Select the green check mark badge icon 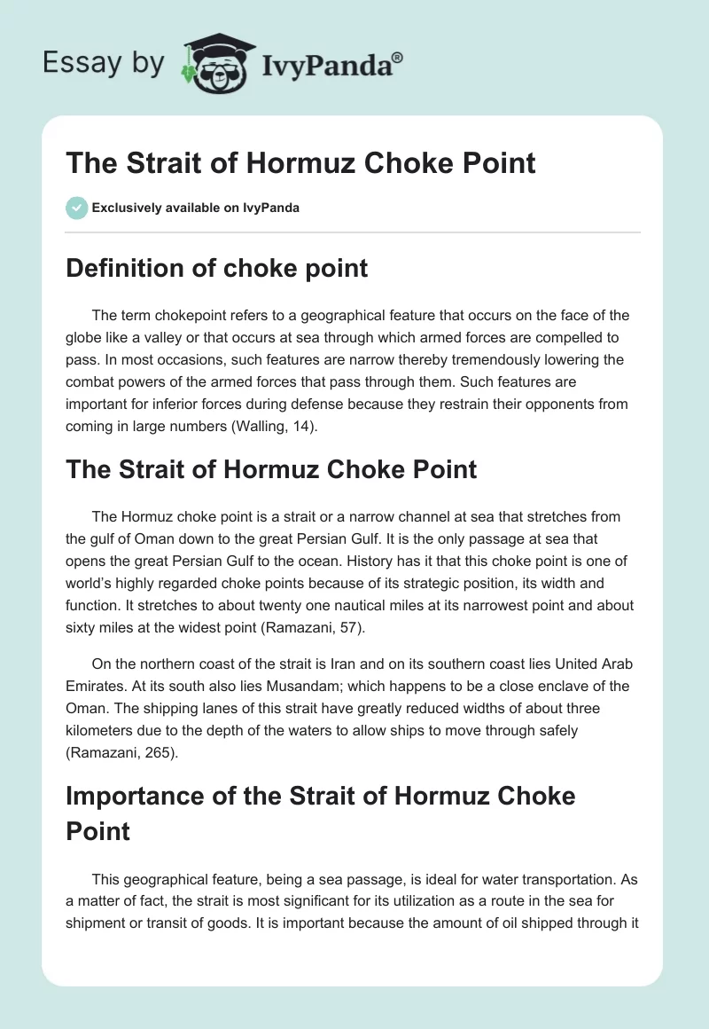(x=76, y=208)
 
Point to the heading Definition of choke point (x=216, y=268)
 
